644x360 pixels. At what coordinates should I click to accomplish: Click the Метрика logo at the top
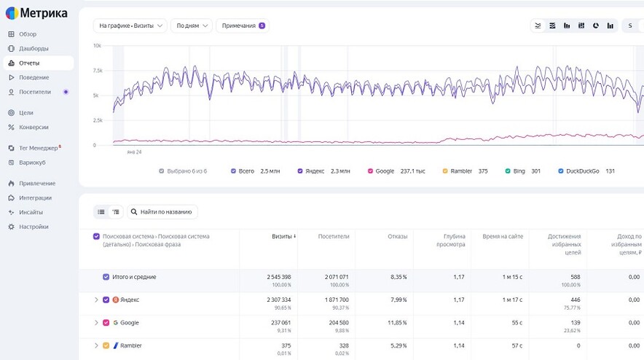36,13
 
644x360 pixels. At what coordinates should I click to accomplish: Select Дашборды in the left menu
34,49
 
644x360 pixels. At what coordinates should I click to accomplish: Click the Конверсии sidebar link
34,128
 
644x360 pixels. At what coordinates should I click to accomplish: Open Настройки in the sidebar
34,227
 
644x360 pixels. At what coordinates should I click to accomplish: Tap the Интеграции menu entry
35,198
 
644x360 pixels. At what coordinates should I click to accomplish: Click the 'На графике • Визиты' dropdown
130,26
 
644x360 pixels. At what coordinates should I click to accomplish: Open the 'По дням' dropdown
192,26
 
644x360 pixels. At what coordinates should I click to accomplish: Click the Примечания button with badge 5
243,26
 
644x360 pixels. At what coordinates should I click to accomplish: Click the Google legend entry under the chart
396,171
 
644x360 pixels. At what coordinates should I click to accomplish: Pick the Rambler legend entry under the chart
465,171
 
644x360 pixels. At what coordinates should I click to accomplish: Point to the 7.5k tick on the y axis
98,71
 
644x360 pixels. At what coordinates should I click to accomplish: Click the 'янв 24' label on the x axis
134,152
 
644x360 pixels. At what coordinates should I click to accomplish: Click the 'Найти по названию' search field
162,212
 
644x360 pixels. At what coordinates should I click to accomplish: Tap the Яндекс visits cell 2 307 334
279,300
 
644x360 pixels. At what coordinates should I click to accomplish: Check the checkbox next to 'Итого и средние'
106,277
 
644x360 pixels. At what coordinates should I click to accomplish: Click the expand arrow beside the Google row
96,323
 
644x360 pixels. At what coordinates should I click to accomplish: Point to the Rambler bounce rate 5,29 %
398,346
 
